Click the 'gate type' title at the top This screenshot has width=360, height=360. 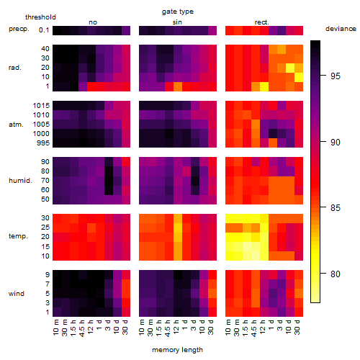178,12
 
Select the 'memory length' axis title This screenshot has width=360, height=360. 177,350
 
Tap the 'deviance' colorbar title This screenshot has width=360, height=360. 341,29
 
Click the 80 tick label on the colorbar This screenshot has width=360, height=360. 336,274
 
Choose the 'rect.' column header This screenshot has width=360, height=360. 261,22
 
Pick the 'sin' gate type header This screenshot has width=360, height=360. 177,22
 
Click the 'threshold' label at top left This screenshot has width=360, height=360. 40,17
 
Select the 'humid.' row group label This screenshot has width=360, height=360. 20,181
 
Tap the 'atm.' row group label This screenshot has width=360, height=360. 16,125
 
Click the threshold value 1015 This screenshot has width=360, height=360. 41,106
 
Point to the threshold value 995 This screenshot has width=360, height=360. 43,143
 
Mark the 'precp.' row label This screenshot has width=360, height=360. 19,29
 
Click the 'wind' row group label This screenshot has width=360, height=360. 17,294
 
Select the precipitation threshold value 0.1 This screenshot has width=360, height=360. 44,30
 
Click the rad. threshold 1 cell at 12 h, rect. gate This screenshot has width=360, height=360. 264,86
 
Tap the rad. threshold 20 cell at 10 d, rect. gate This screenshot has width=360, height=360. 290,68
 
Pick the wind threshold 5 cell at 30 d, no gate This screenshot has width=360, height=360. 126,294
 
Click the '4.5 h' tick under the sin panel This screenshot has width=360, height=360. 168,328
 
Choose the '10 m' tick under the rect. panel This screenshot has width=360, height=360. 229,327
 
